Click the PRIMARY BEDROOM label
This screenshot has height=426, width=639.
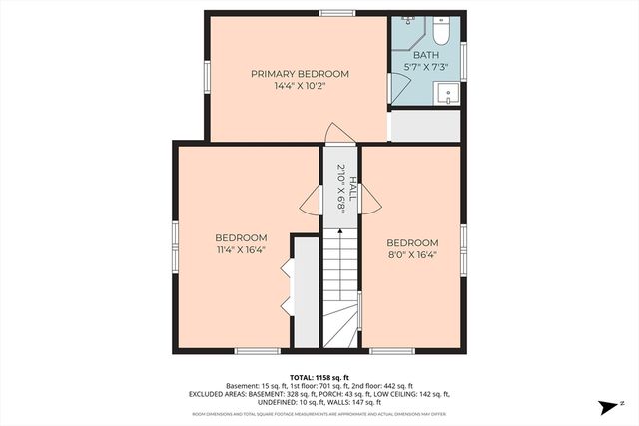coord(300,74)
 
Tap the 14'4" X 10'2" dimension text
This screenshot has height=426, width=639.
coord(300,86)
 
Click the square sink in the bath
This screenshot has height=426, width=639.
coord(448,95)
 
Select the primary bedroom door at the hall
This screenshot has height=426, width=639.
coord(338,134)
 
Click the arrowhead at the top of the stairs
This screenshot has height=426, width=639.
coord(339,231)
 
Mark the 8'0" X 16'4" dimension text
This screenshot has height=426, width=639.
coord(412,255)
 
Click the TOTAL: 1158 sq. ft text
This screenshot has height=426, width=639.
coord(319,377)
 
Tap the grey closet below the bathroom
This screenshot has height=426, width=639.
coord(424,127)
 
